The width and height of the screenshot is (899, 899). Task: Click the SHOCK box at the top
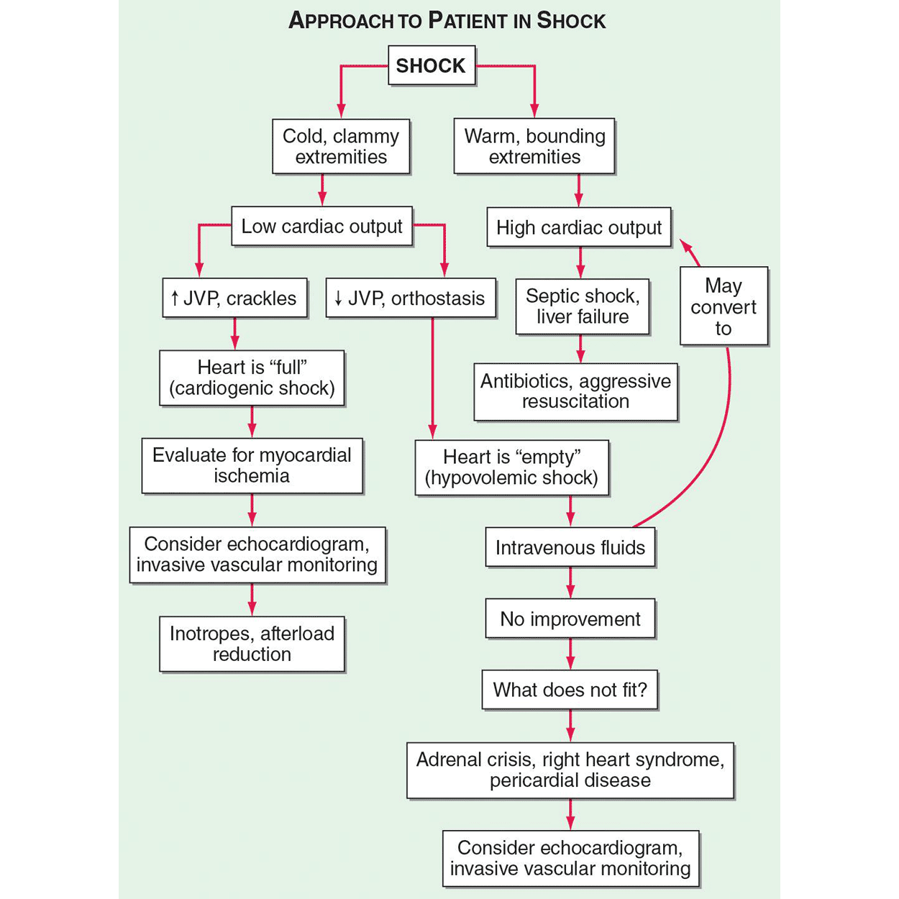431,65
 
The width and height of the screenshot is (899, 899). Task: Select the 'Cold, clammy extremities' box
341,147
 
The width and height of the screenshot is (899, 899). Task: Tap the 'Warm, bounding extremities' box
534,147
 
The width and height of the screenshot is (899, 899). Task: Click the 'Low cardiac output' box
321,227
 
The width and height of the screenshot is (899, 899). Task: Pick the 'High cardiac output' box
578,228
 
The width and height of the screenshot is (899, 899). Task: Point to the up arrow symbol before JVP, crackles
174,298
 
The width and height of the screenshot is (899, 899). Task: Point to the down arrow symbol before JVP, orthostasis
338,298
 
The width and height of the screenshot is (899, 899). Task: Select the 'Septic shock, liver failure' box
582,306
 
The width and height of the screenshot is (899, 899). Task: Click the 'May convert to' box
724,307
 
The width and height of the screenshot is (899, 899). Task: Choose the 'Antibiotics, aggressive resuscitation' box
575,391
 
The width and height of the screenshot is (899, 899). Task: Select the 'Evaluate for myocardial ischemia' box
252,465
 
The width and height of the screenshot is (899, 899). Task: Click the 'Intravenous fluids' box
570,548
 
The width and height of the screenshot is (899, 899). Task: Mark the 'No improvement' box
570,619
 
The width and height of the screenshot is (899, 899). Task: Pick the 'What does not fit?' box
570,690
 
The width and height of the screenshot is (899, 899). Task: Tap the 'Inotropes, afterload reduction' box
252,644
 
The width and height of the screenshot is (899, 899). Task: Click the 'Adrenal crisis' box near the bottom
570,770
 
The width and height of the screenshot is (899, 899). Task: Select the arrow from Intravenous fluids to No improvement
570,583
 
